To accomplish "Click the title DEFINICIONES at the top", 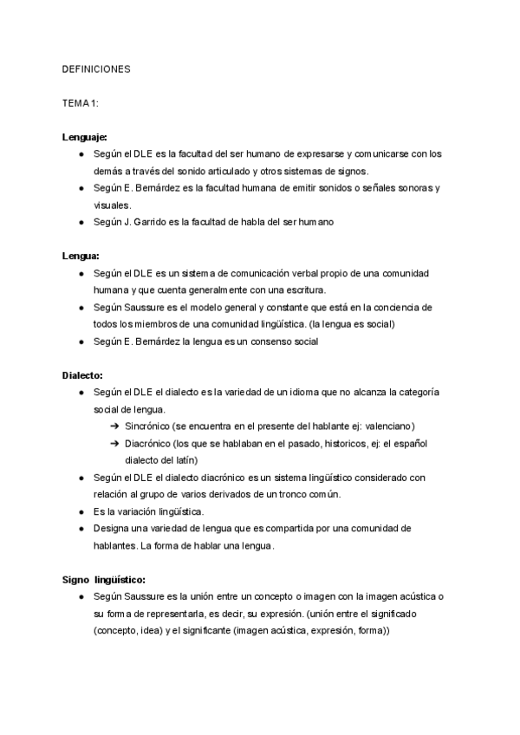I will (x=96, y=68).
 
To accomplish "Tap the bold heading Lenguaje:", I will (x=85, y=137).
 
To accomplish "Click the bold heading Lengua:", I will (x=81, y=256).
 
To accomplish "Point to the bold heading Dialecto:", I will (x=83, y=375).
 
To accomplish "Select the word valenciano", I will (x=384, y=426).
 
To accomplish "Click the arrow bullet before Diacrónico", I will (x=114, y=444).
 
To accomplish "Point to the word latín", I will (x=183, y=460).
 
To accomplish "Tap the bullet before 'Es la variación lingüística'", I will (x=81, y=511).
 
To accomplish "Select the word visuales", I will (x=112, y=205).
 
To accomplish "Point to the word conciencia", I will (x=399, y=308).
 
